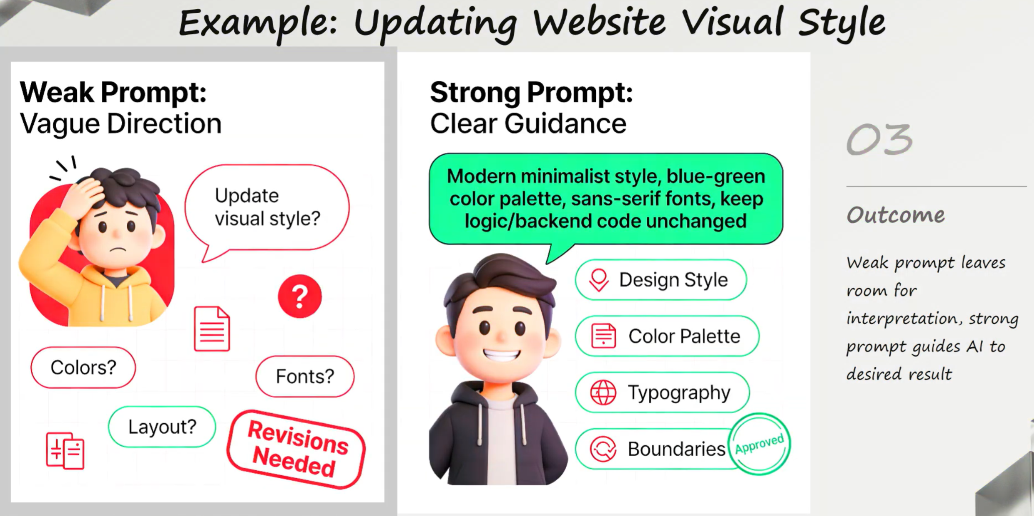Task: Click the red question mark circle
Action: coord(300,296)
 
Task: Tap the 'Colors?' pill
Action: coord(83,368)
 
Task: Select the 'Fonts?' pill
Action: coord(305,376)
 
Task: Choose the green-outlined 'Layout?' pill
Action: coord(162,427)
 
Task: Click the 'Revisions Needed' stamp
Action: coord(297,449)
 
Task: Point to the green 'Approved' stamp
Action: coord(760,444)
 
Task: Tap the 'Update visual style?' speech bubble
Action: coord(267,207)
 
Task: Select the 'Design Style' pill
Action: coord(661,280)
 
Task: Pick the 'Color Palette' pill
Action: coord(667,336)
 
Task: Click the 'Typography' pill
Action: coord(662,393)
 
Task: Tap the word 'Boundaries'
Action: coord(676,449)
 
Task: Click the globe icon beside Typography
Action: coord(603,393)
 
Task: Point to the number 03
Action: coord(879,140)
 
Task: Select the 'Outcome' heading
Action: coord(896,215)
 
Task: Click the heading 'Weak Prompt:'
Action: coord(113,92)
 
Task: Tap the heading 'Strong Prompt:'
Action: coord(531,92)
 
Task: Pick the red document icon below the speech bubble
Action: coord(212,328)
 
